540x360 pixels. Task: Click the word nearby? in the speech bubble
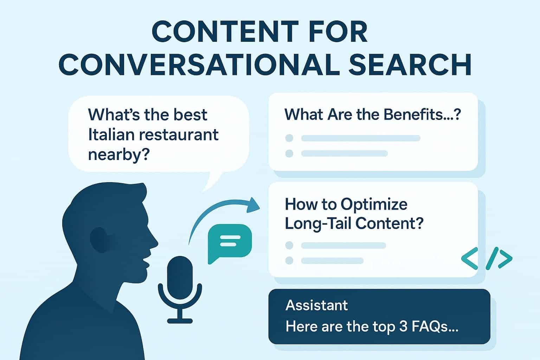click(117, 155)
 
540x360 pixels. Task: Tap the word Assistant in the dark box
click(317, 305)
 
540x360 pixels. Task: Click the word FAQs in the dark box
click(436, 327)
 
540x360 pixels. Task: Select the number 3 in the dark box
click(403, 327)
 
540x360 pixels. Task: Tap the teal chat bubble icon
click(230, 243)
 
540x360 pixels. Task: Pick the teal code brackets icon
click(486, 259)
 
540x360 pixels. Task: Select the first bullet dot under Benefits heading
click(289, 138)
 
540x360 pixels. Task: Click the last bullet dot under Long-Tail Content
click(289, 261)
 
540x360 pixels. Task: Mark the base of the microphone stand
click(180, 320)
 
